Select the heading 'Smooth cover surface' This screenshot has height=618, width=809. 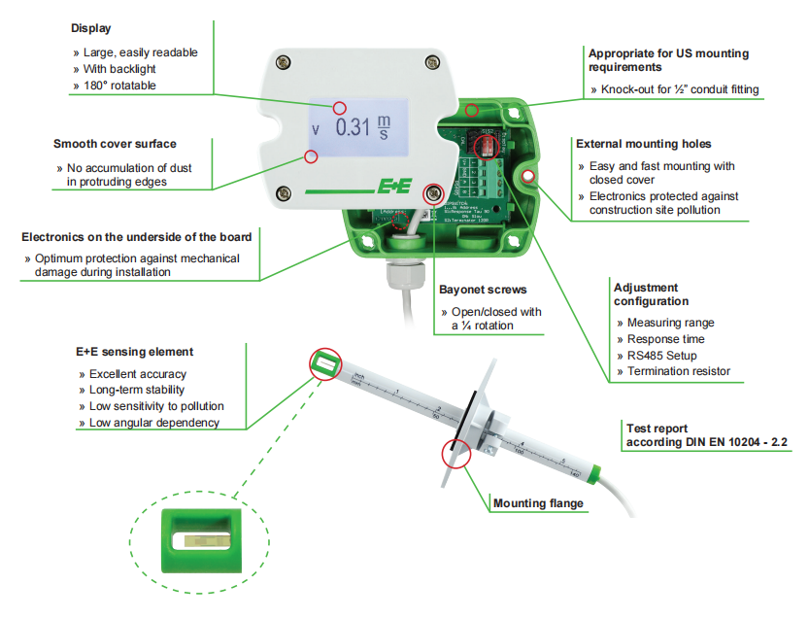(115, 144)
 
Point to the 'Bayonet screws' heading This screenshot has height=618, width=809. (484, 290)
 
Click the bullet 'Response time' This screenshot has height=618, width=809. (665, 339)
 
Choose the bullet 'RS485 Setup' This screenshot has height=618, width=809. (661, 356)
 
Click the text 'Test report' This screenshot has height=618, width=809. (657, 428)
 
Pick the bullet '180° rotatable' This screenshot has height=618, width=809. (120, 86)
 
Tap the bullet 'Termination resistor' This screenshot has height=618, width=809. (678, 371)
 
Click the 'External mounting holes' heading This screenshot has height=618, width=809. (643, 144)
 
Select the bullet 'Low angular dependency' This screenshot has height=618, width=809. (153, 422)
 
